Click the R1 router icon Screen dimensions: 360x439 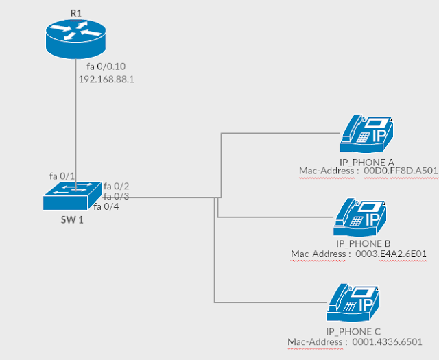pyautogui.click(x=75, y=38)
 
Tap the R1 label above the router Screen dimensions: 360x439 pyautogui.click(x=75, y=13)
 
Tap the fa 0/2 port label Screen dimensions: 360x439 pyautogui.click(x=116, y=186)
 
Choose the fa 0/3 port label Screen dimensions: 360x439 pyautogui.click(x=116, y=196)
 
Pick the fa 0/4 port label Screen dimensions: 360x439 pyautogui.click(x=106, y=206)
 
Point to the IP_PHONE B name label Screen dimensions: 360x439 pyautogui.click(x=364, y=243)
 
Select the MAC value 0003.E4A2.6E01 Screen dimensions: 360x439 pyautogui.click(x=392, y=254)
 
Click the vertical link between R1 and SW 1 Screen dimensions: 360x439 pyautogui.click(x=75, y=123)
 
